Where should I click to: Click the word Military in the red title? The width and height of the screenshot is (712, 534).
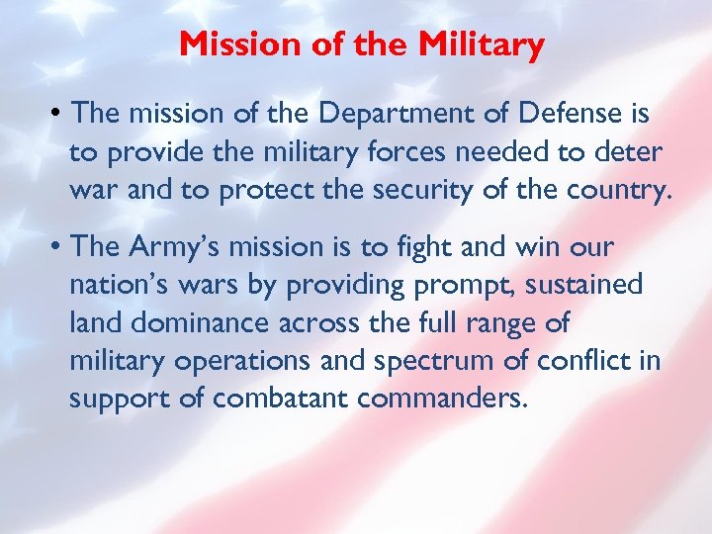click(x=482, y=44)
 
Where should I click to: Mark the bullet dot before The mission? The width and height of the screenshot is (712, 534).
click(x=58, y=115)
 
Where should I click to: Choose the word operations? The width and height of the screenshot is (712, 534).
click(x=239, y=361)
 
